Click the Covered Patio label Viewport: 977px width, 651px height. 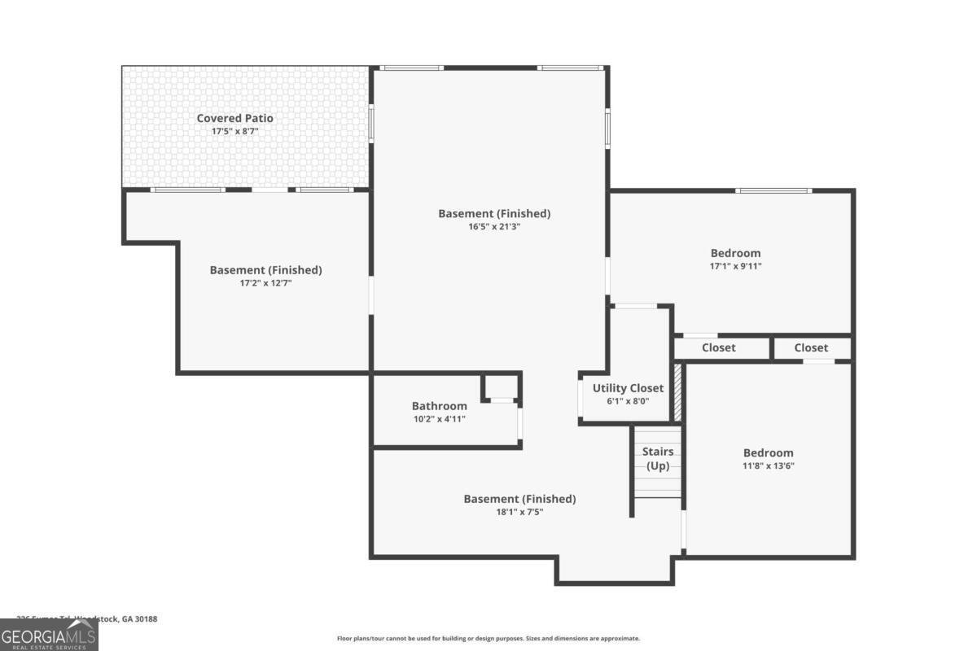click(x=234, y=118)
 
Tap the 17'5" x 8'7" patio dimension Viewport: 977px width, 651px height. click(x=234, y=131)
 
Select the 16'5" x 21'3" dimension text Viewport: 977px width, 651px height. click(x=494, y=227)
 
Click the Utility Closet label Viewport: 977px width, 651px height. click(x=628, y=388)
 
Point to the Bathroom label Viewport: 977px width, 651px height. click(x=439, y=406)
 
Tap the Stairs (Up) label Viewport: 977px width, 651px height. click(x=658, y=459)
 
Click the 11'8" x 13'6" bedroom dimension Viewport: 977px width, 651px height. click(x=768, y=466)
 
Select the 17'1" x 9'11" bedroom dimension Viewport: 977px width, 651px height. click(x=735, y=266)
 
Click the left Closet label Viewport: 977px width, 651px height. click(x=718, y=347)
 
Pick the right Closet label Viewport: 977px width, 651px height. click(x=811, y=347)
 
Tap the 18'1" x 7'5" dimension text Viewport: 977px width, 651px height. click(x=519, y=513)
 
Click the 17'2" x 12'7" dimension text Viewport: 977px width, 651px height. click(x=265, y=283)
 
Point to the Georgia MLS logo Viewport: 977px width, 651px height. click(x=49, y=635)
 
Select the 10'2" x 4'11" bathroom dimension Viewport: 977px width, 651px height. click(x=439, y=419)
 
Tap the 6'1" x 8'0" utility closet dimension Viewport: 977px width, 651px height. click(x=628, y=401)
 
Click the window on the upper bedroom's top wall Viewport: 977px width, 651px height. click(x=773, y=191)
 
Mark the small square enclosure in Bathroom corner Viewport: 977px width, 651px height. click(x=502, y=387)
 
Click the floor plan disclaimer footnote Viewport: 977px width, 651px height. click(x=488, y=639)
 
